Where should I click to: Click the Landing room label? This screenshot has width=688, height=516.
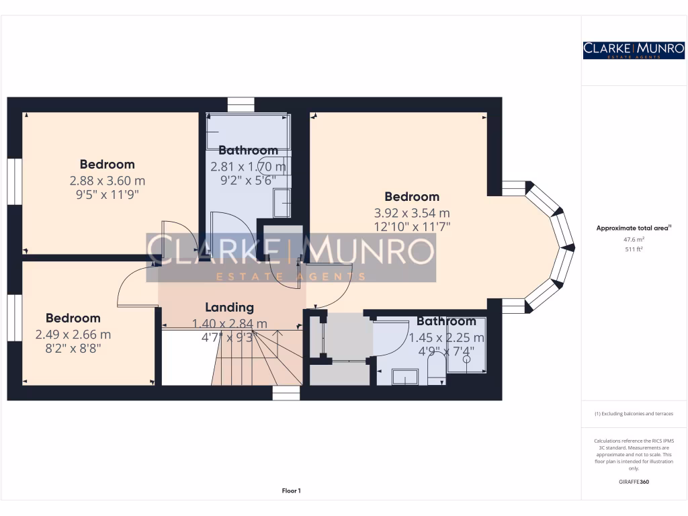[x=230, y=308]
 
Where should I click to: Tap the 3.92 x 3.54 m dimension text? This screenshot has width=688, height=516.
[x=412, y=213]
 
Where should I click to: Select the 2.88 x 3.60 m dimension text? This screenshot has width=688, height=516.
[x=107, y=181]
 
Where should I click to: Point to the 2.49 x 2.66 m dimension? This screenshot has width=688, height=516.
[x=73, y=335]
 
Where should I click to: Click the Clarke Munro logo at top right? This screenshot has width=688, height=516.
[x=634, y=50]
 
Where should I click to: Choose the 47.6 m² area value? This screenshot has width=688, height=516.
[x=634, y=240]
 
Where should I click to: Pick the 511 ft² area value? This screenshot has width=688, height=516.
[x=634, y=249]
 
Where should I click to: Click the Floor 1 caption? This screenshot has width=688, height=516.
[x=292, y=491]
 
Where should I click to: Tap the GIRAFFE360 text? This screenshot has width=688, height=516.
[x=634, y=482]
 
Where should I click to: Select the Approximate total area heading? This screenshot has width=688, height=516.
[x=634, y=228]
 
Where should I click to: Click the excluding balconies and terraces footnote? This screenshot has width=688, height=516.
[x=634, y=414]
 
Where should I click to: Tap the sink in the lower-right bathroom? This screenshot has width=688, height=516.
[x=405, y=377]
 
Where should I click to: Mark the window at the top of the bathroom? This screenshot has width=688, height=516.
[x=241, y=104]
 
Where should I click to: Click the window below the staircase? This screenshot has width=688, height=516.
[x=286, y=392]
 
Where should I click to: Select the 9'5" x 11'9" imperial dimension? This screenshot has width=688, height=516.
[x=107, y=194]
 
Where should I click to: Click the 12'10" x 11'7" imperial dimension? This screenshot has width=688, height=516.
[x=412, y=227]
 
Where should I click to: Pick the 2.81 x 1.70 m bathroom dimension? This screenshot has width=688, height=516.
[x=249, y=167]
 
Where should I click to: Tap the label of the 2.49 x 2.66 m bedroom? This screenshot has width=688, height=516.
[x=73, y=318]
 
